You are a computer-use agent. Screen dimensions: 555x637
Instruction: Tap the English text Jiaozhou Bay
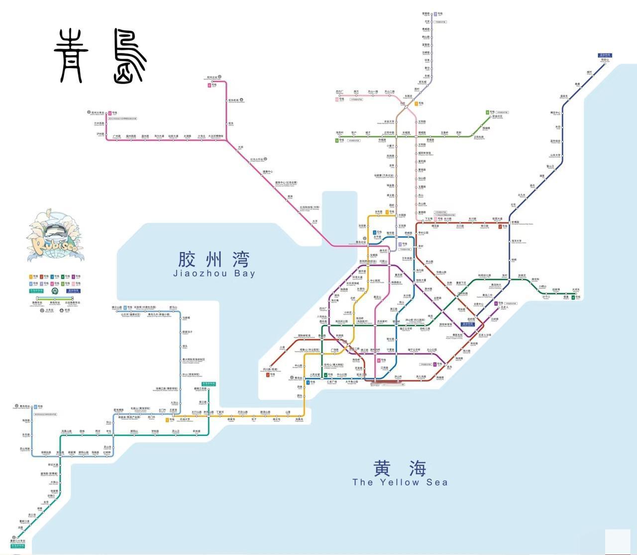[x=214, y=273]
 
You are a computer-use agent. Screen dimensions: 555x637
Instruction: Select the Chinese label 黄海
[x=400, y=468]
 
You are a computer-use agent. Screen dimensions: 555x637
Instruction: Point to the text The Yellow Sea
[x=400, y=482]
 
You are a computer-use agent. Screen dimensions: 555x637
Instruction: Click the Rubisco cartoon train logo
[x=54, y=236]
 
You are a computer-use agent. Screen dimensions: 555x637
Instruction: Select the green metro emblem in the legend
[x=55, y=291]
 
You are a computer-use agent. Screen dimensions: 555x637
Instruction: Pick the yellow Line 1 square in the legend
[x=31, y=277]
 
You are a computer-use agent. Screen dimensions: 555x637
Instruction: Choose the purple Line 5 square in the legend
[x=73, y=277]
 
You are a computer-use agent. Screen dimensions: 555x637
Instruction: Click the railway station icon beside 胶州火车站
[x=89, y=113]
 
